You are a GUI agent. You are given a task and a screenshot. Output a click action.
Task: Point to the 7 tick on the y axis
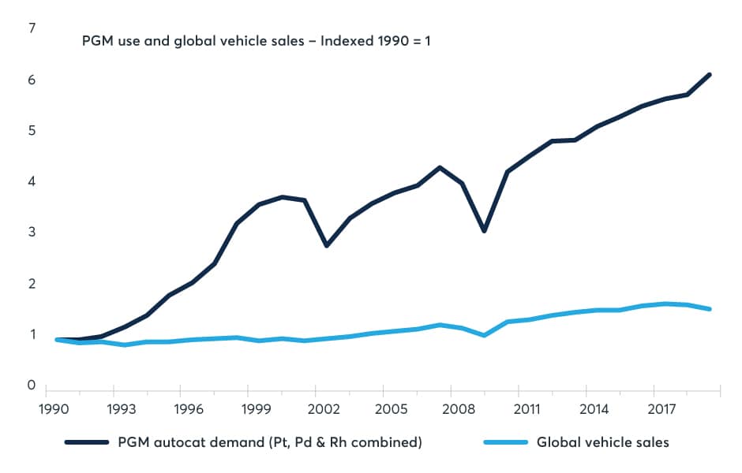32,28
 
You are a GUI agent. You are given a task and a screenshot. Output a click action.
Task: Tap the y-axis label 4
32,181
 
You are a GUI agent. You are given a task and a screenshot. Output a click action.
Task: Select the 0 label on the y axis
32,385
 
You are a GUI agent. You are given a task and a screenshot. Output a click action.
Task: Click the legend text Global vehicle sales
602,442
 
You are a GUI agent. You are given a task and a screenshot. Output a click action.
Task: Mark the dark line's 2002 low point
326,245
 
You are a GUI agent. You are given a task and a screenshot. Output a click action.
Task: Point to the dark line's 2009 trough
484,231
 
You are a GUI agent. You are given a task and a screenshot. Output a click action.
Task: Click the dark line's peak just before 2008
439,167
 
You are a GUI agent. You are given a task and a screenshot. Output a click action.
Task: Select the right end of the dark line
710,75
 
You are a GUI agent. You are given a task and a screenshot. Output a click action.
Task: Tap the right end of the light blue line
710,309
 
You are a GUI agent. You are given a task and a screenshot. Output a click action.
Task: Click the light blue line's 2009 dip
484,335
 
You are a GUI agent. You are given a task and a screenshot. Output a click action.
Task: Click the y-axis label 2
32,283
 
